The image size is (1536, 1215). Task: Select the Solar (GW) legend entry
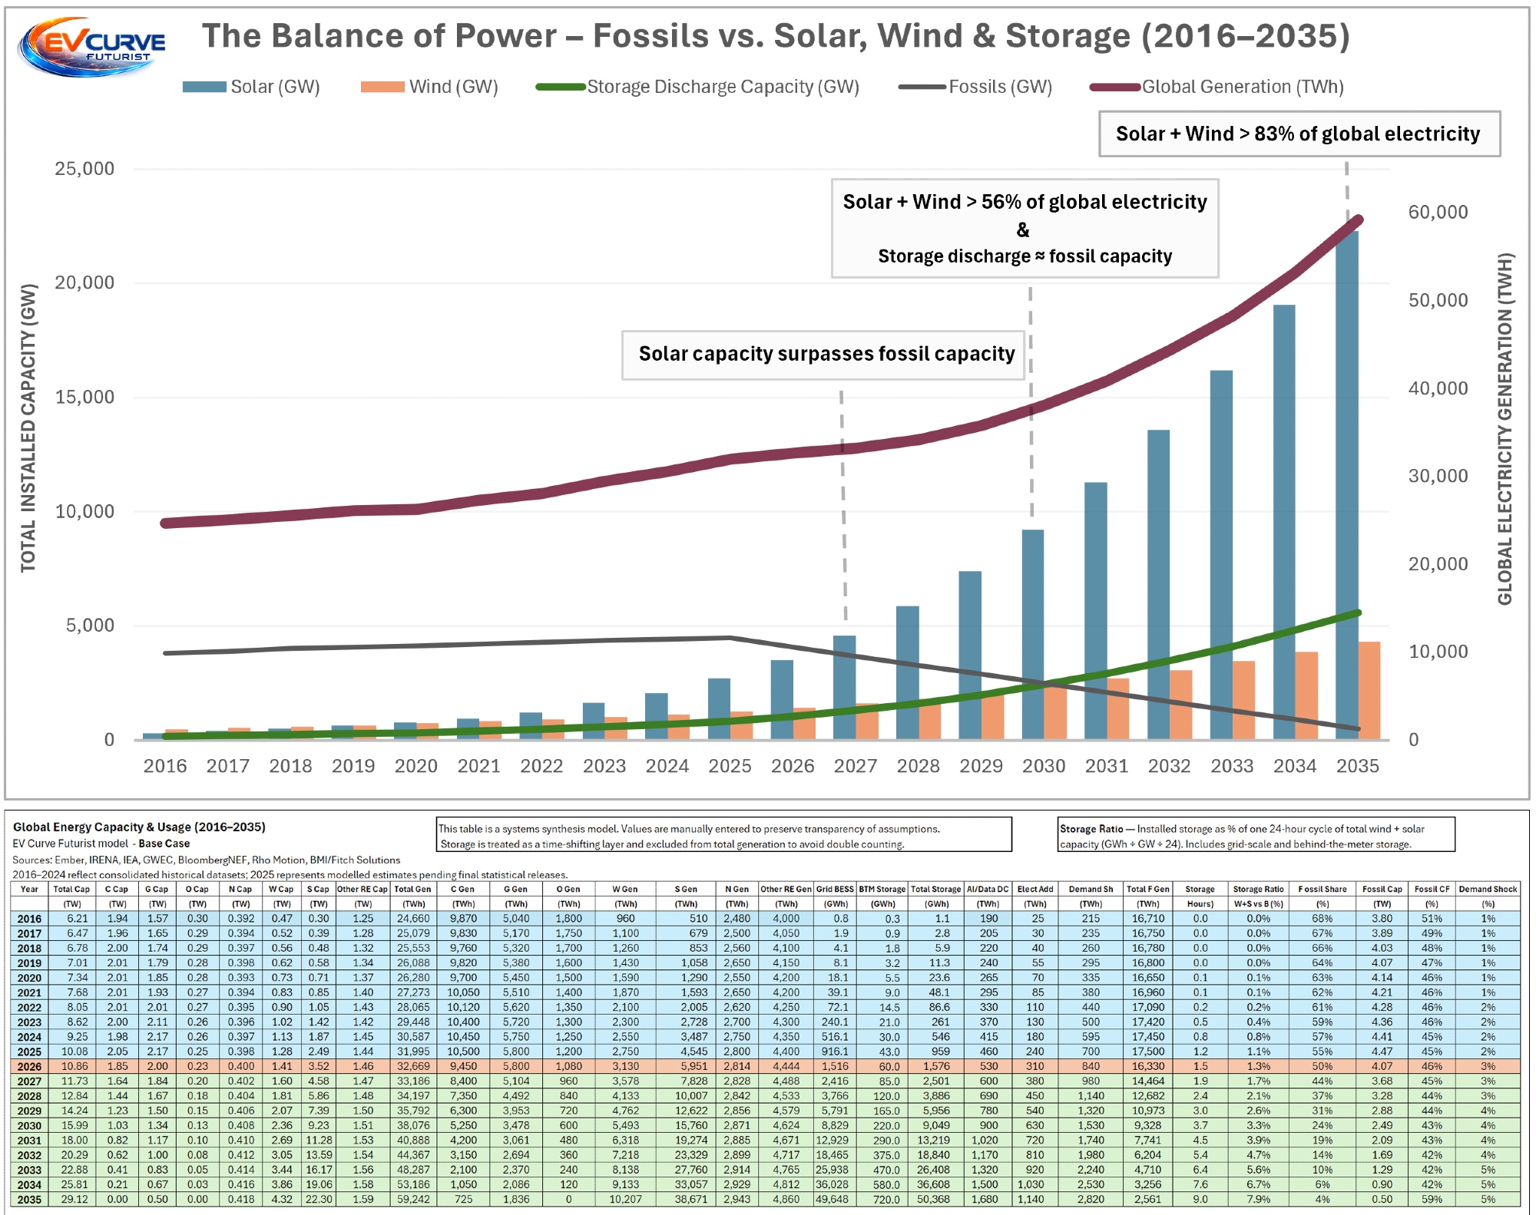(252, 87)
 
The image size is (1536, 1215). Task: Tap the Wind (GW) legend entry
(430, 87)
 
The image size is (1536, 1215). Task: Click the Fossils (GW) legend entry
(976, 87)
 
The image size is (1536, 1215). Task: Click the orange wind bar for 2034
(1306, 695)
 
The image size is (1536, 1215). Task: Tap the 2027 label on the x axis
(855, 766)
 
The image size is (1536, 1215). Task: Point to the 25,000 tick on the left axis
(84, 169)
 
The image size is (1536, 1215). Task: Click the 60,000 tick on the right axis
(1438, 212)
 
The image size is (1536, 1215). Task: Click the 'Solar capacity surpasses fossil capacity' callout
(826, 354)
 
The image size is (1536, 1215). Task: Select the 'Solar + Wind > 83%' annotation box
(1298, 134)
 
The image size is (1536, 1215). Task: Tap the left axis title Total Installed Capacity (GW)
(28, 428)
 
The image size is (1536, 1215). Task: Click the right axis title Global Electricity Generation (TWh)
(1505, 428)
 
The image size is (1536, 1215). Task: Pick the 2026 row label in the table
(29, 1066)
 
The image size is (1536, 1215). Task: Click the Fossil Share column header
(1322, 889)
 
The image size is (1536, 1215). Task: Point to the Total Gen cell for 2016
(413, 918)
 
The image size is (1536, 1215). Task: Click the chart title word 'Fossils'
(650, 36)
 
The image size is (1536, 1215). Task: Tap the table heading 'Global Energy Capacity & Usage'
(139, 827)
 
